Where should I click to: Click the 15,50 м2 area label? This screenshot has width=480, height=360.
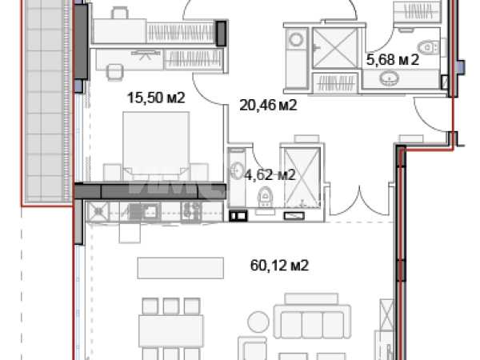156,98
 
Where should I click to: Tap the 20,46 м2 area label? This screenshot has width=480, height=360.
268,106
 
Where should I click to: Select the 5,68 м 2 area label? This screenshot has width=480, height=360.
393,59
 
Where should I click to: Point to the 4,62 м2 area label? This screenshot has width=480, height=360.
270,175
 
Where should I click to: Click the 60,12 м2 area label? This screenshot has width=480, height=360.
279,265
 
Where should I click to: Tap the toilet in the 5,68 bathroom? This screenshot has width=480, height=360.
429,48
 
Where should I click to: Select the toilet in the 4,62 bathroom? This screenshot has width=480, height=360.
266,197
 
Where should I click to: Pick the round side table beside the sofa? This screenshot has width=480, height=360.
258,322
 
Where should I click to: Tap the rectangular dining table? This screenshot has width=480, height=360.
171,331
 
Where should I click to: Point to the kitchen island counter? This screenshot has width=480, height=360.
181,268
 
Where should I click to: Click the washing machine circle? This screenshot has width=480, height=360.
296,40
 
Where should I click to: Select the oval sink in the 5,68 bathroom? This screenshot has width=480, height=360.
390,78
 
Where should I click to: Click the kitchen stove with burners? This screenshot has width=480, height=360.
191,211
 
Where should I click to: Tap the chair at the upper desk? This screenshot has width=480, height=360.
120,13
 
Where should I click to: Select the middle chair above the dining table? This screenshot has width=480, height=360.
171,306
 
